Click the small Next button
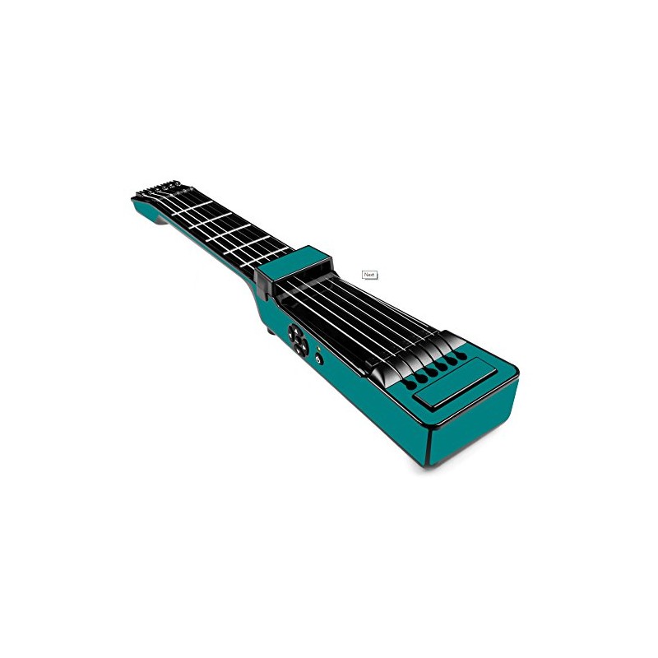tap(369, 275)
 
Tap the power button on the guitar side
tap(319, 359)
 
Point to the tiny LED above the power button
tap(319, 348)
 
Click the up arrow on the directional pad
tap(295, 331)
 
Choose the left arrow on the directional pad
tap(292, 341)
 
